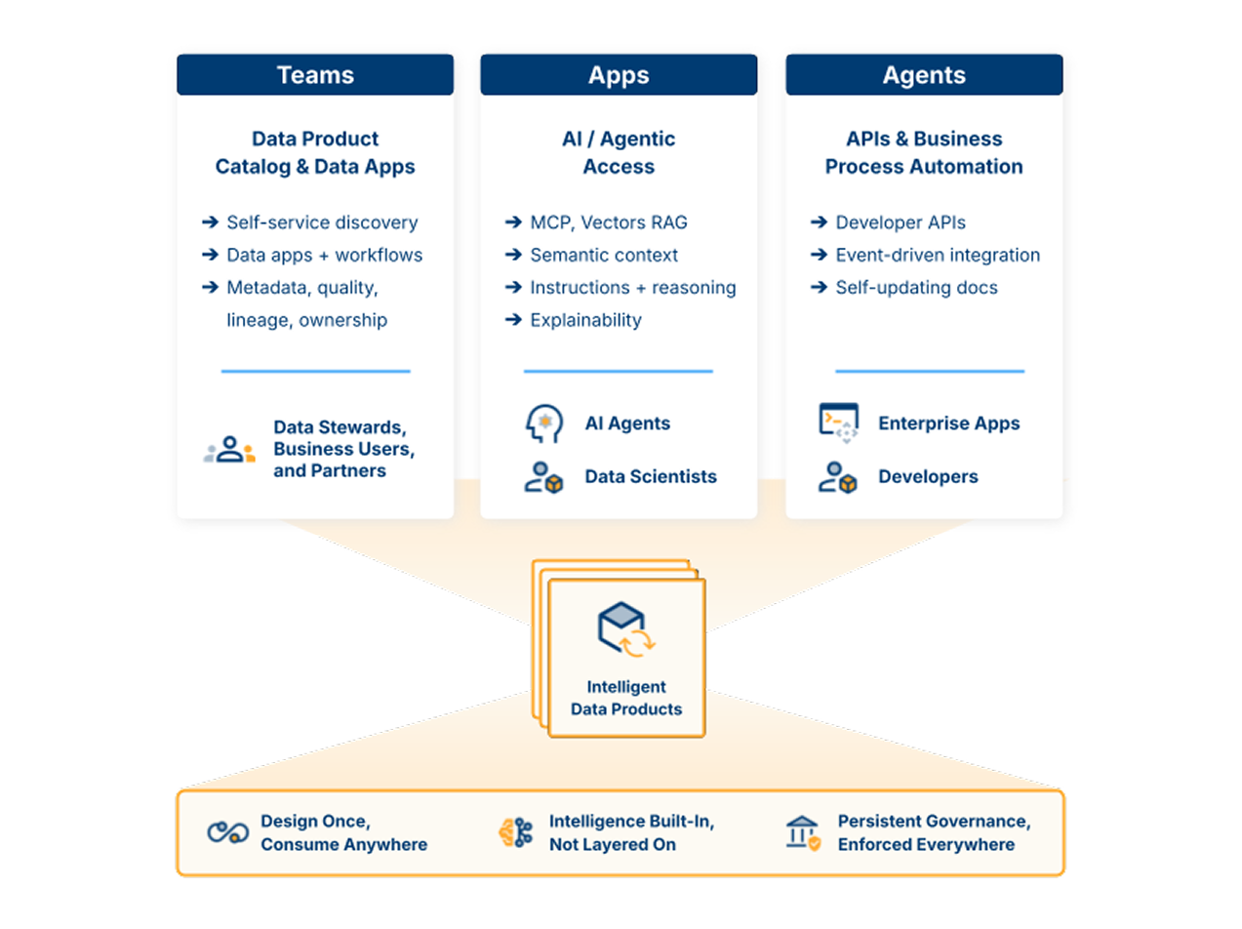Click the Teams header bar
[314, 75]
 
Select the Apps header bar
[619, 75]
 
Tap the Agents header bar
[924, 75]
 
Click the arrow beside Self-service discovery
[210, 222]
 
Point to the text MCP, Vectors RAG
[609, 222]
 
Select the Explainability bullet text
[585, 320]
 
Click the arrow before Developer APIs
[819, 222]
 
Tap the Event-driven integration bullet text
[938, 255]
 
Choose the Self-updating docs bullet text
[917, 288]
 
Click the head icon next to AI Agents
[543, 424]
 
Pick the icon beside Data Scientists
[543, 477]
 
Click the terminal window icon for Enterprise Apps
[839, 423]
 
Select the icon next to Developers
[837, 477]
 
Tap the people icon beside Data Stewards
[229, 449]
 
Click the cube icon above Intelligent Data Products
[625, 629]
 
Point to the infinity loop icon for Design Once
[227, 832]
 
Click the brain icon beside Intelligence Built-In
[516, 832]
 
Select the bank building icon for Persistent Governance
[803, 833]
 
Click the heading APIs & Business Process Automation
[923, 153]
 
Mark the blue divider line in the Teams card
[315, 371]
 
